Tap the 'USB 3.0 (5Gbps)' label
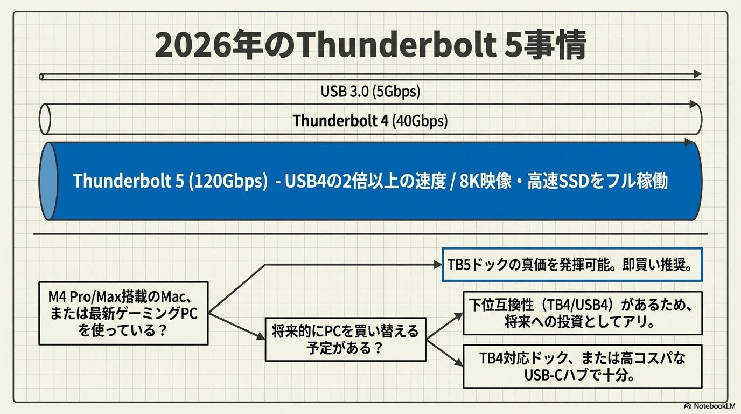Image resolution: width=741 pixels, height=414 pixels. pyautogui.click(x=370, y=92)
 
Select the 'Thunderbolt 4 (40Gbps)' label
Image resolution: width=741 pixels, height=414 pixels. pyautogui.click(x=370, y=121)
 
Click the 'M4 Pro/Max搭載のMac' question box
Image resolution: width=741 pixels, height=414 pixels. pyautogui.click(x=123, y=313)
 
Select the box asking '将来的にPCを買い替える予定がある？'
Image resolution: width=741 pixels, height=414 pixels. pyautogui.click(x=345, y=339)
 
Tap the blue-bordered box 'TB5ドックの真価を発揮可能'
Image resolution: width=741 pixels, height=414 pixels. pyautogui.click(x=572, y=265)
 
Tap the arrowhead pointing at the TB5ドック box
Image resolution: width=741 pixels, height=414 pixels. pyautogui.click(x=437, y=265)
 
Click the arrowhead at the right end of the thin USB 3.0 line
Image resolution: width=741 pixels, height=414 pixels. pyautogui.click(x=698, y=74)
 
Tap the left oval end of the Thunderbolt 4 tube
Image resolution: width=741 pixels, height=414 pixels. pyautogui.click(x=45, y=120)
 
